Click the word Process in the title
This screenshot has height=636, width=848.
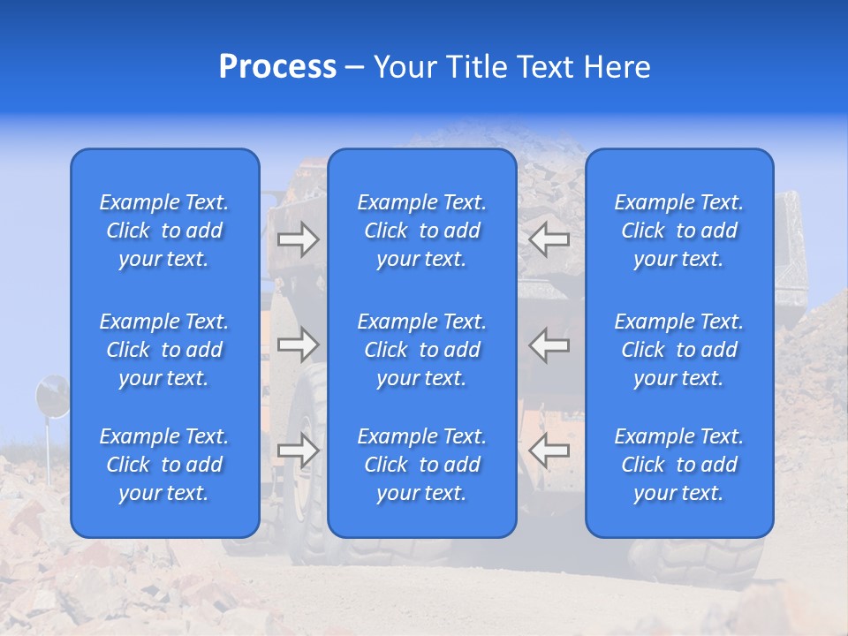click(277, 67)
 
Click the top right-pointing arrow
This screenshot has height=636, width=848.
click(298, 239)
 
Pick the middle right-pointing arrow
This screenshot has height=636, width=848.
click(298, 344)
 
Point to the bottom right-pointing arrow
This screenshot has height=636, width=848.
click(298, 450)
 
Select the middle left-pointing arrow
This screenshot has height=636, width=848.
click(549, 344)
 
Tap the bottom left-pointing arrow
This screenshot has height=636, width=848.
click(549, 450)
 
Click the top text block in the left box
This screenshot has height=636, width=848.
click(164, 231)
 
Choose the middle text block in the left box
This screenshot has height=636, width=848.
click(164, 350)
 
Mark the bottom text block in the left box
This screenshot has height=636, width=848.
click(164, 465)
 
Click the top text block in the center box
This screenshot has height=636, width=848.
click(422, 231)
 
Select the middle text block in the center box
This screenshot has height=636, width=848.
click(422, 350)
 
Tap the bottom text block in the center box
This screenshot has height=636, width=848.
click(422, 465)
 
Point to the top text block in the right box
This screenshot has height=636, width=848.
click(679, 231)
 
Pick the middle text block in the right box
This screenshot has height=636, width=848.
click(679, 350)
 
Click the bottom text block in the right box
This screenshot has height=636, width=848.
click(679, 465)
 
